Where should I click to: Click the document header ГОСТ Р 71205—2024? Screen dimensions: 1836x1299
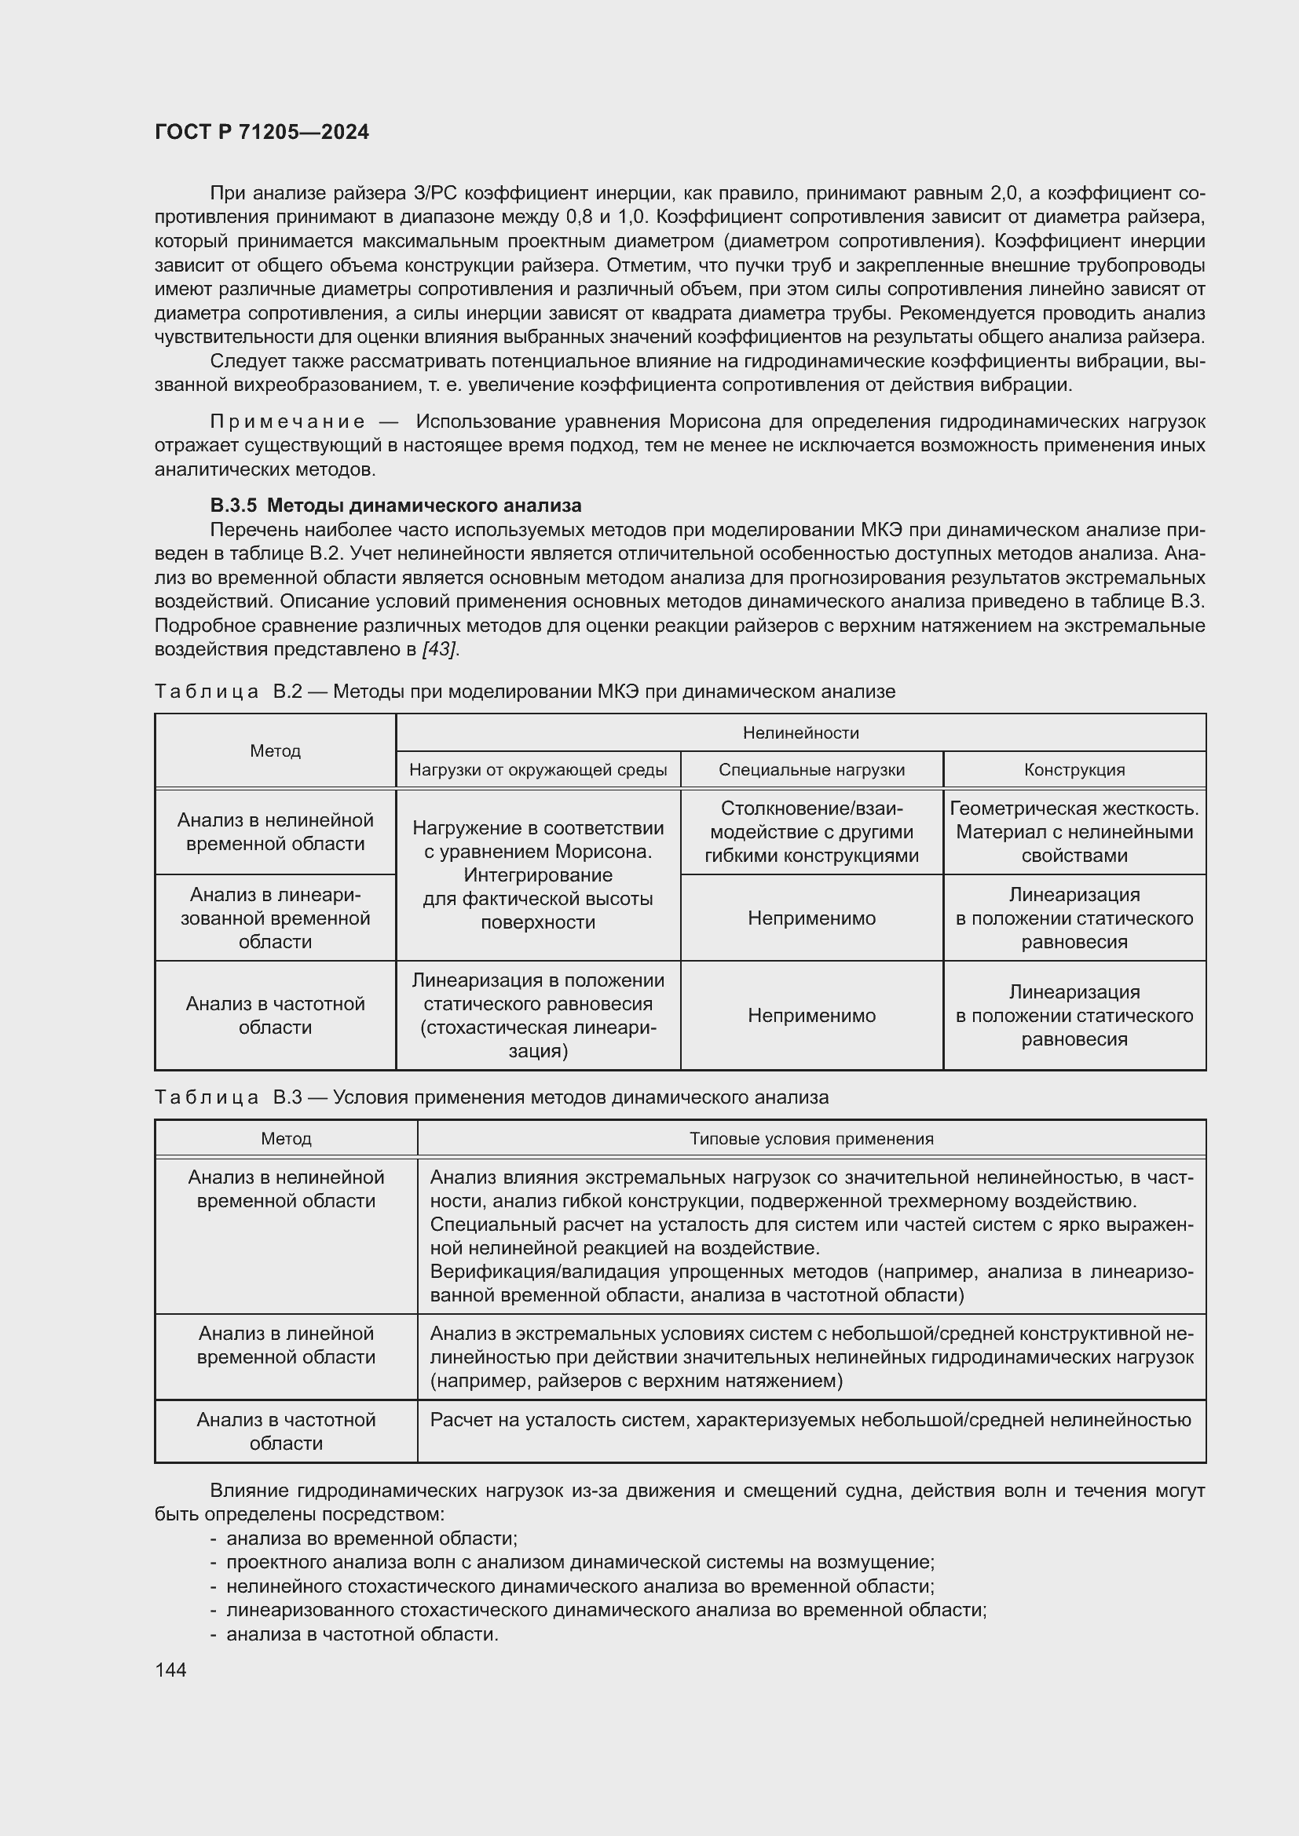(262, 132)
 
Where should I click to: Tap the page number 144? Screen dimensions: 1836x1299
(170, 1670)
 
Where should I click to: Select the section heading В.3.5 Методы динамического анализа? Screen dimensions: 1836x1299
(395, 506)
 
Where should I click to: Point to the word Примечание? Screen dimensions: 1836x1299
(287, 422)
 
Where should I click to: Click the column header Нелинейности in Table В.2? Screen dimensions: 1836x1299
(800, 732)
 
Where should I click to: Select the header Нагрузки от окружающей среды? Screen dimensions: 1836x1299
(537, 769)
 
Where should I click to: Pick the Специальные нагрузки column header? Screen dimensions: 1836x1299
(811, 769)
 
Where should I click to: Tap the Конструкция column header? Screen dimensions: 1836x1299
(1074, 769)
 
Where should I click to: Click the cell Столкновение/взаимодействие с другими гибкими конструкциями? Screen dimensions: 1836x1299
(811, 831)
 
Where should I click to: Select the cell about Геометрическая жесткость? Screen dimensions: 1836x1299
(1074, 831)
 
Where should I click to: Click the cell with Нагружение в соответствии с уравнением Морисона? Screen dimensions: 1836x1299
(537, 874)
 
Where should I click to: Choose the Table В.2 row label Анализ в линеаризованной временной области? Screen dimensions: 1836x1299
(275, 918)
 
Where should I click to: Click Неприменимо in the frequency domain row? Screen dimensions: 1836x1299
(811, 1016)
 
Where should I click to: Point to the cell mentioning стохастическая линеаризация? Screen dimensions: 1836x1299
(537, 1016)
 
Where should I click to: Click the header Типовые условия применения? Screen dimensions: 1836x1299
(811, 1139)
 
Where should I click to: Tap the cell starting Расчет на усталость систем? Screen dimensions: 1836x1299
(810, 1420)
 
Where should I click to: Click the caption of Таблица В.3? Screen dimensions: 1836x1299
(491, 1097)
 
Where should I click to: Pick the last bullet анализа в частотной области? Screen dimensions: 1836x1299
(361, 1634)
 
